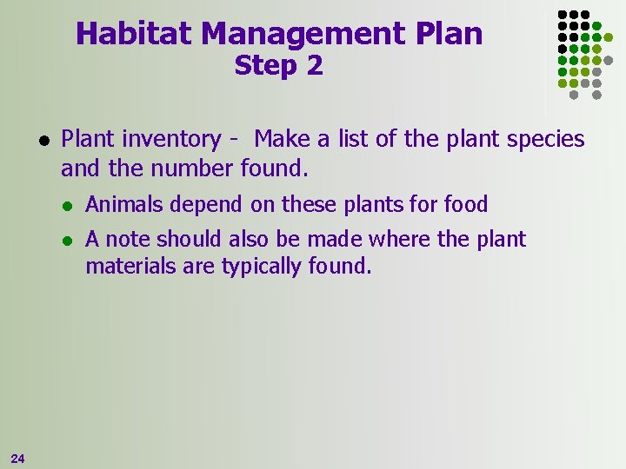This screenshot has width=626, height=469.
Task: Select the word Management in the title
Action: (x=300, y=34)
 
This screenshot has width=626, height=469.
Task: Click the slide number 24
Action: (x=18, y=457)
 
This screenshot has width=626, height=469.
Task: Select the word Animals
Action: (x=122, y=205)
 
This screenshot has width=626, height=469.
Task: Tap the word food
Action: (x=466, y=205)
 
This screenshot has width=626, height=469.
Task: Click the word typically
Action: (x=263, y=266)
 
